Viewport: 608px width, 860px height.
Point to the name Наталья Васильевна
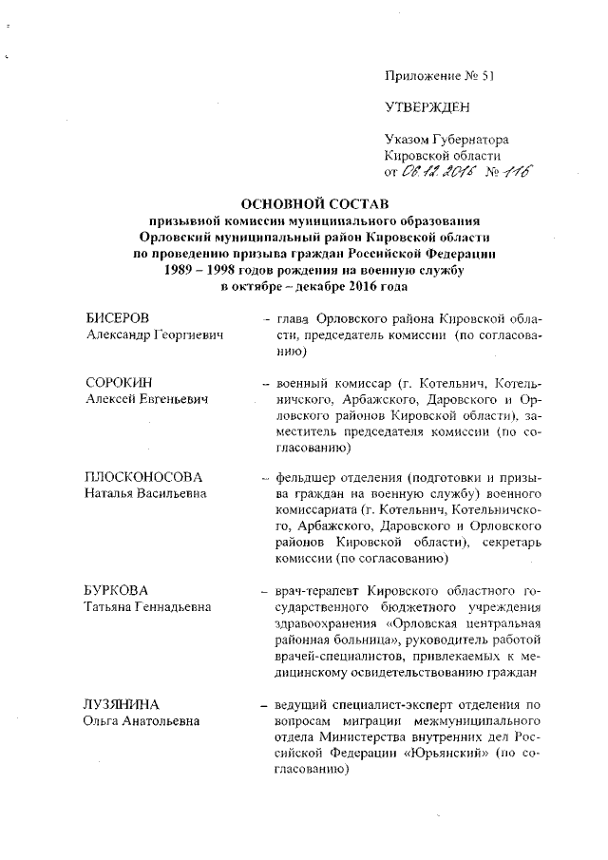point(142,494)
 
